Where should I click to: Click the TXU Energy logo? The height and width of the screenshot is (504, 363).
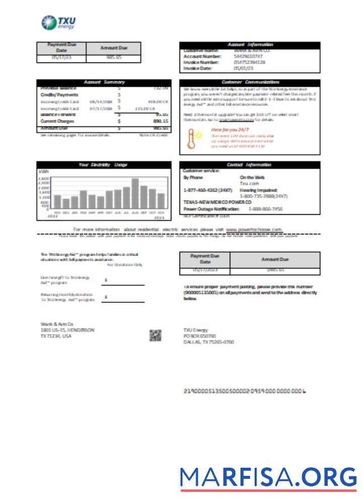point(58,23)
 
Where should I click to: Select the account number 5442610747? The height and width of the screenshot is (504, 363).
point(249,56)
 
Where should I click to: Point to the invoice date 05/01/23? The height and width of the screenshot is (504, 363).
point(243,68)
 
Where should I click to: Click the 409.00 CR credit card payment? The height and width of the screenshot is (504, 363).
point(158,101)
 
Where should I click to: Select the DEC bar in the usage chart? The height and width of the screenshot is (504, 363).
point(66,204)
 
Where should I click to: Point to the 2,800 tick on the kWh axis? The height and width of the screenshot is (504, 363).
point(44,178)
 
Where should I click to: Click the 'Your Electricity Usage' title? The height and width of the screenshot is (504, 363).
point(103,165)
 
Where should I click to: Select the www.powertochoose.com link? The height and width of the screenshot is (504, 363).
point(254,229)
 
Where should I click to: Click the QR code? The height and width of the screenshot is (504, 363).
point(155,335)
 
